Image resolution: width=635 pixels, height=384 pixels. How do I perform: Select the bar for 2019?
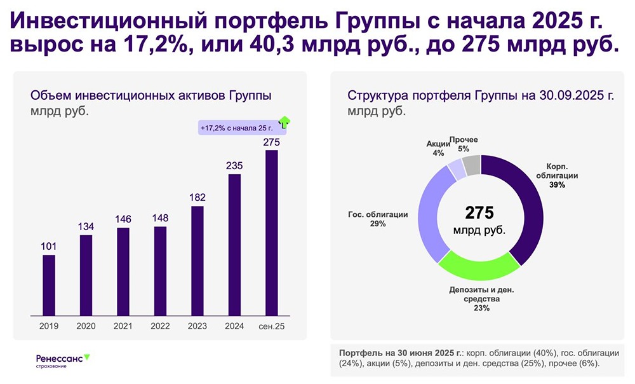tap(49, 285)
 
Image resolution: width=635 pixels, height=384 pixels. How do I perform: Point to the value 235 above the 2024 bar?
tap(234, 165)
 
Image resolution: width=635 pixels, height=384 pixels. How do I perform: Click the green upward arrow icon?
tap(284, 122)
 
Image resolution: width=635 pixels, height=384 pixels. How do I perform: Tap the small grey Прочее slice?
tap(472, 165)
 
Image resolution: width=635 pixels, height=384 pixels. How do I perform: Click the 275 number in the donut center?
tap(479, 212)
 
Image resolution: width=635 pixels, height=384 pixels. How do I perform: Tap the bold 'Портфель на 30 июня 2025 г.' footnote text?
tap(400, 352)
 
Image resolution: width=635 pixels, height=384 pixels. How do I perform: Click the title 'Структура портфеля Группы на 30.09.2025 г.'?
tap(481, 96)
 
